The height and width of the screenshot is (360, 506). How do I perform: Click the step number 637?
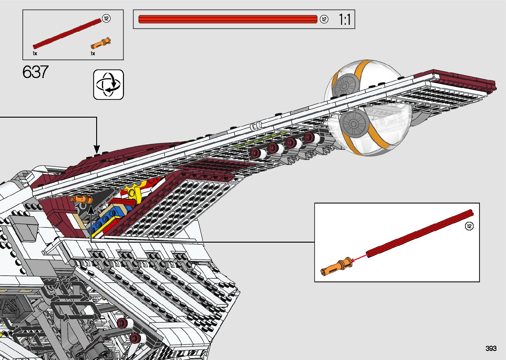[35, 72]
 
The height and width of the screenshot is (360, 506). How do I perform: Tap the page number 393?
[491, 348]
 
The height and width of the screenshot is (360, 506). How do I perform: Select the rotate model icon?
[108, 85]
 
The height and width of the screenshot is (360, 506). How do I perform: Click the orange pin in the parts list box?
[101, 43]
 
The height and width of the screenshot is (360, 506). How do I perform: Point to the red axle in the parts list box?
[67, 33]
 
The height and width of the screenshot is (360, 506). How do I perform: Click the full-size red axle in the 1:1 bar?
[228, 19]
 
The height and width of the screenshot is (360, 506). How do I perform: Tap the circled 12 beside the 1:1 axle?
[324, 20]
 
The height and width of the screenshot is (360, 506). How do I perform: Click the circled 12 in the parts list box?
[106, 19]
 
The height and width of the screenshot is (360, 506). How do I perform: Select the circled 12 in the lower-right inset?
[469, 226]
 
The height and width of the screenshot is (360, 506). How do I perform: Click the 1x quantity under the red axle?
[35, 54]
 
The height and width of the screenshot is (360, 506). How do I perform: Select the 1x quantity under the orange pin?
[93, 54]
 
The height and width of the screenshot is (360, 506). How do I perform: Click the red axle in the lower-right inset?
[420, 233]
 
